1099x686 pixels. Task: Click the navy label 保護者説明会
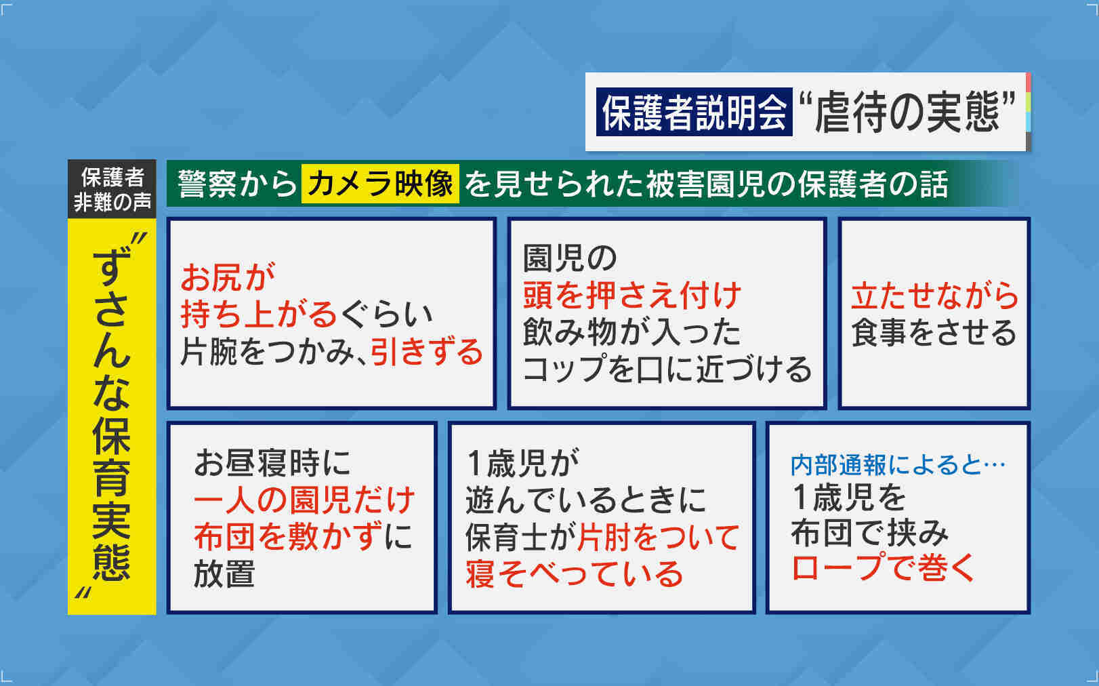pyautogui.click(x=694, y=112)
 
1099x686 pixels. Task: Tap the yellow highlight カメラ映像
pyautogui.click(x=380, y=184)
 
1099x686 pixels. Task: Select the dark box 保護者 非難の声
pyautogui.click(x=112, y=189)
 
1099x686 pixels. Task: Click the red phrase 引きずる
pyautogui.click(x=427, y=352)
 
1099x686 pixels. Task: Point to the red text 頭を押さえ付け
pyautogui.click(x=632, y=295)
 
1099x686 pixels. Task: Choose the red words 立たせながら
pyautogui.click(x=934, y=296)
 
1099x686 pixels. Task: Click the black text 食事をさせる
pyautogui.click(x=934, y=332)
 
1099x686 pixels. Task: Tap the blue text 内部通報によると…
pyautogui.click(x=898, y=465)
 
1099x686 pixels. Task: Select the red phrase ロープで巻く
pyautogui.click(x=883, y=566)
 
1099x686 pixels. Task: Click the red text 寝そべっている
pyautogui.click(x=575, y=573)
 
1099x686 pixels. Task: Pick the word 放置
pyautogui.click(x=224, y=573)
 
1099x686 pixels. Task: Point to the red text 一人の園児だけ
pyautogui.click(x=304, y=500)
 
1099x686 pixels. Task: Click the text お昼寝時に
pyautogui.click(x=273, y=463)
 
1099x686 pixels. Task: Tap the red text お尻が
pyautogui.click(x=228, y=277)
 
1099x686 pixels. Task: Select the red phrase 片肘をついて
pyautogui.click(x=658, y=536)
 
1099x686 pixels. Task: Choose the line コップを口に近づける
pyautogui.click(x=667, y=369)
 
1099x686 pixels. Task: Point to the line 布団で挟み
pyautogui.click(x=869, y=532)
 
